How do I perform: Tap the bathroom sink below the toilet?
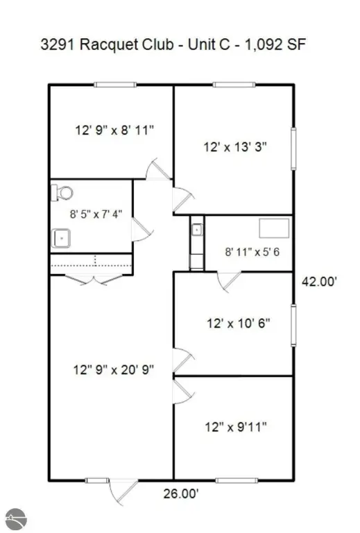[x=62, y=238]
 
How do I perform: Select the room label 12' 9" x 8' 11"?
[x=114, y=129]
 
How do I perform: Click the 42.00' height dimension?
[x=319, y=282]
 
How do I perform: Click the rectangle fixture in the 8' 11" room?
[x=273, y=228]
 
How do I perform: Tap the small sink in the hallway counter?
[x=196, y=228]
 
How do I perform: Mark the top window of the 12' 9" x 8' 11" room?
[x=116, y=85]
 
